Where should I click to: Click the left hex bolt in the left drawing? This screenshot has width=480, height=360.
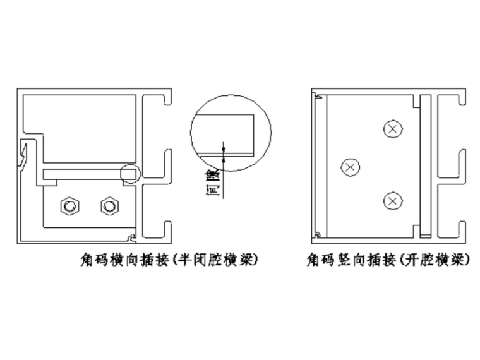click(68, 205)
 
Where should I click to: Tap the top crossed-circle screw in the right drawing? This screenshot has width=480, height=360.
click(393, 129)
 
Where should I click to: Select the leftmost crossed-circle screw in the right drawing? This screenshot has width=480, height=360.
click(350, 167)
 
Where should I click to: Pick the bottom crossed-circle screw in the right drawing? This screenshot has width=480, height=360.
click(393, 201)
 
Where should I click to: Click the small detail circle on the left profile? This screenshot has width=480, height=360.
click(130, 172)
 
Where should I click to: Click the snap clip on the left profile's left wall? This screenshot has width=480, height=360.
click(23, 155)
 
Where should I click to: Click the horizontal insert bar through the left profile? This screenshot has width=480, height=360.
click(82, 173)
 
